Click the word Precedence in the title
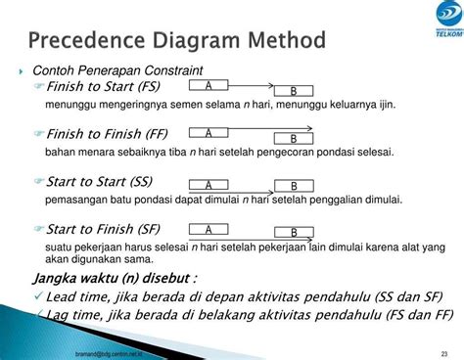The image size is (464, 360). point(87,43)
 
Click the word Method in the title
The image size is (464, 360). point(284,43)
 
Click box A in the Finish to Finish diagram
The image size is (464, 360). point(209,132)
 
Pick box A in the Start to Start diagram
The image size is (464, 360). point(209,184)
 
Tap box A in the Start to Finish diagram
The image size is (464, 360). point(209,230)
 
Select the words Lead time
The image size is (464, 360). point(77,294)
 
